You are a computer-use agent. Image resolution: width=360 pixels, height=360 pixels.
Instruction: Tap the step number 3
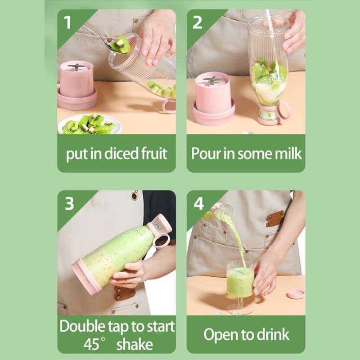[x=69, y=203]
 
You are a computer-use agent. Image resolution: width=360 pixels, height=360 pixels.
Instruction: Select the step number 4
[x=198, y=203]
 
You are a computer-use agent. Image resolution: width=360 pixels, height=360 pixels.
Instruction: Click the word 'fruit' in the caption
[x=152, y=154]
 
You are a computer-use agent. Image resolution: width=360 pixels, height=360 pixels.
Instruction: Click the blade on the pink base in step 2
[x=211, y=81]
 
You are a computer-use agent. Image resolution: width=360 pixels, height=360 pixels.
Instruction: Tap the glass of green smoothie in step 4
[x=240, y=281]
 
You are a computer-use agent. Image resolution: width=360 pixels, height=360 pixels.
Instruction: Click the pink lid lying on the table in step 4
[x=296, y=294]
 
